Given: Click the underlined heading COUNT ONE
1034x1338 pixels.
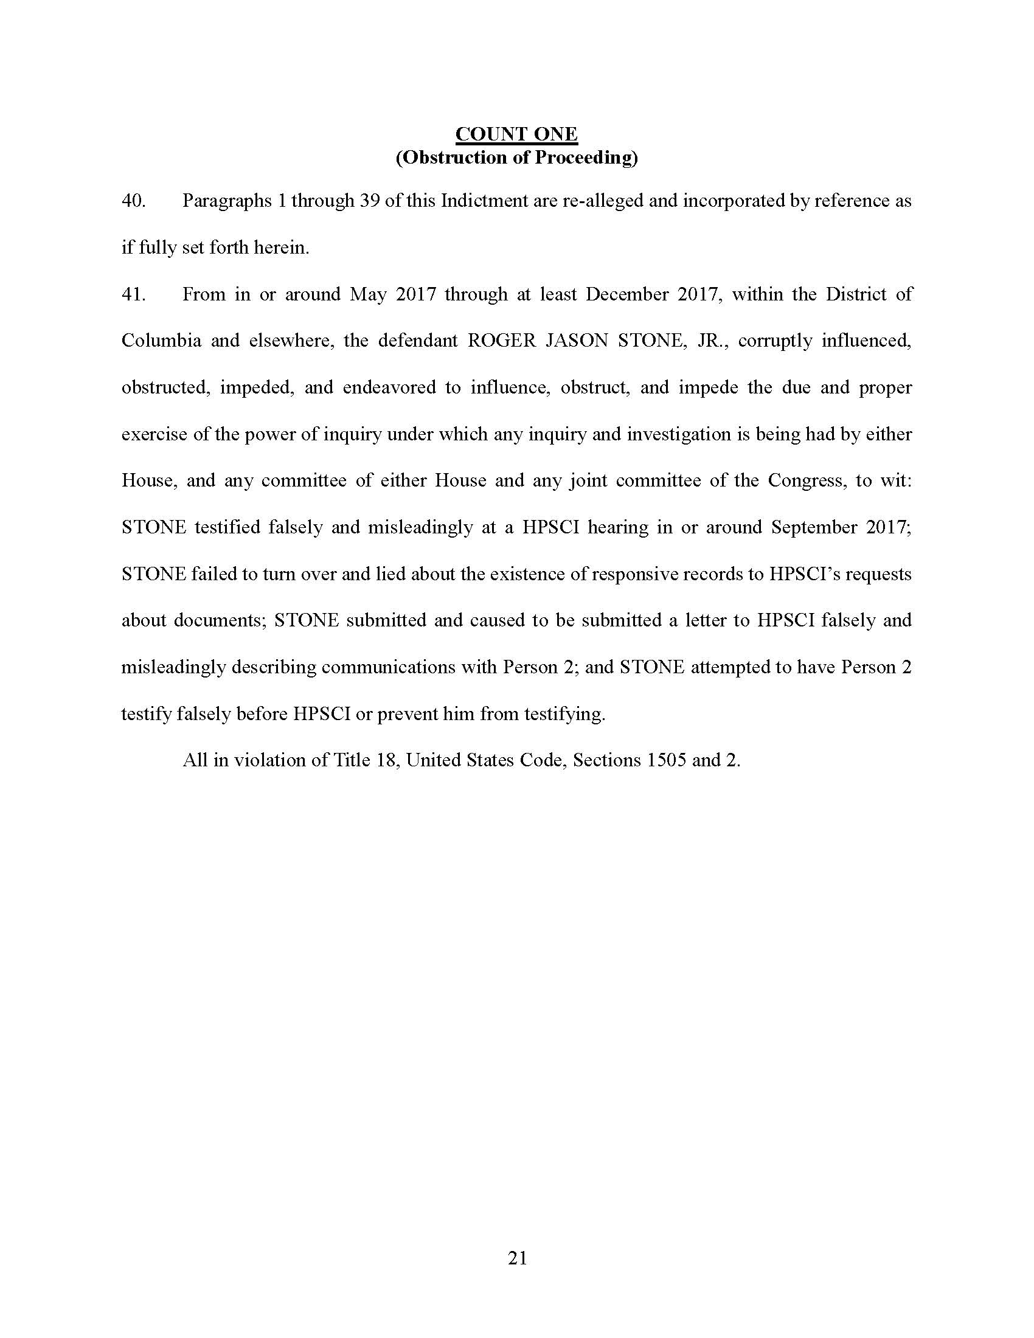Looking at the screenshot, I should click(x=516, y=134).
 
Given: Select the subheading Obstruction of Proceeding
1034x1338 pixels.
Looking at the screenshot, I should click(x=516, y=158).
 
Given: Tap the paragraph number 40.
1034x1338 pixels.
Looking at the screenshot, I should click(x=133, y=201).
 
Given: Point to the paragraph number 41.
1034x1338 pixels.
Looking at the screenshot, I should click(x=133, y=294).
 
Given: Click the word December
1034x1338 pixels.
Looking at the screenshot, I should click(x=626, y=294).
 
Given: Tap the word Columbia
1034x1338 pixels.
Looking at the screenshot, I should click(x=161, y=341).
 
